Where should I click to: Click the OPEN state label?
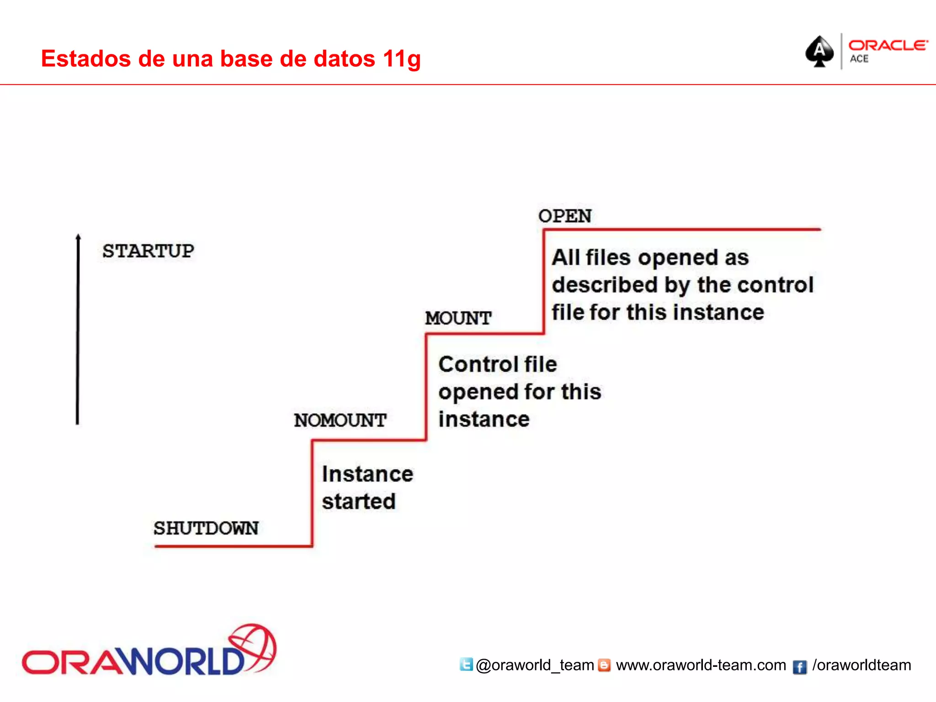(x=564, y=216)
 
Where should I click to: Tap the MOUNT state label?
(x=458, y=318)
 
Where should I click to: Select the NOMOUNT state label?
(x=340, y=420)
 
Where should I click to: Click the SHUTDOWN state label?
(x=206, y=528)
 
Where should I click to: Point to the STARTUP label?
(x=148, y=251)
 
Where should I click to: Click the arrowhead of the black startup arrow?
(x=78, y=237)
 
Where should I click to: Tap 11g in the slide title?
(x=402, y=59)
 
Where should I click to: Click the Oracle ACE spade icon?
(x=819, y=51)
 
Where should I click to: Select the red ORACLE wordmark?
(x=888, y=45)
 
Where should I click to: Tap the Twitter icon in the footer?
(x=466, y=664)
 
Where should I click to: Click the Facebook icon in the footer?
(x=799, y=667)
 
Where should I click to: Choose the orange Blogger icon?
(x=604, y=665)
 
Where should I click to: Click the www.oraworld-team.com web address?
(x=701, y=665)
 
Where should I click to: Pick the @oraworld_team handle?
(x=535, y=665)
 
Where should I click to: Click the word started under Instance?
(x=359, y=501)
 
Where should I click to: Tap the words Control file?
(x=497, y=364)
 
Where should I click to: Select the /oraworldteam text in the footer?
(x=862, y=665)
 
